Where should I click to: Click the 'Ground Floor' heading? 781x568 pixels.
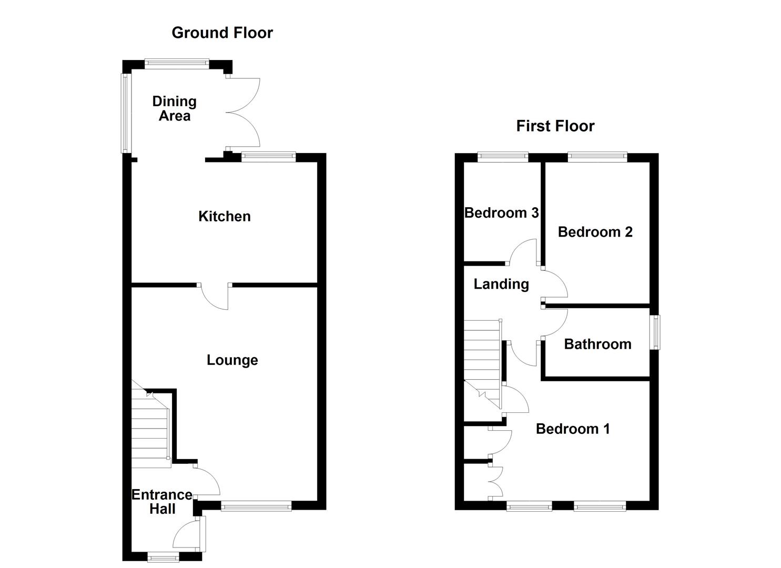point(222,33)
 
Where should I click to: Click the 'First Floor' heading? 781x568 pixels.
point(555,126)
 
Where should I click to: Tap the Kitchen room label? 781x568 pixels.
point(224,216)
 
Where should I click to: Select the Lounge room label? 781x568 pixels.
point(232,360)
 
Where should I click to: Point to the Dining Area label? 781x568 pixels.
point(174,108)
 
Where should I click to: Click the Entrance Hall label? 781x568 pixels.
point(161,502)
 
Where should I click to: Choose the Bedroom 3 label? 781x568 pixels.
point(501,213)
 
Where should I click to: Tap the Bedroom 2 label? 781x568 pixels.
point(595,232)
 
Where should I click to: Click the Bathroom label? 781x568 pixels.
point(597,344)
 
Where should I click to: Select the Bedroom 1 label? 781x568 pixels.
point(573,429)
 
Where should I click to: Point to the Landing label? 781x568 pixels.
point(501,284)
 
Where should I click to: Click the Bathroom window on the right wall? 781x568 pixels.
point(655,332)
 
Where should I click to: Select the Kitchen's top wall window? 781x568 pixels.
point(269,156)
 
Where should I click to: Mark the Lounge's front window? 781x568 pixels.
point(256,506)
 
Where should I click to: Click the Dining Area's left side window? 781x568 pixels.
point(126,113)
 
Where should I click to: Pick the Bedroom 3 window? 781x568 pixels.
point(503,156)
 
